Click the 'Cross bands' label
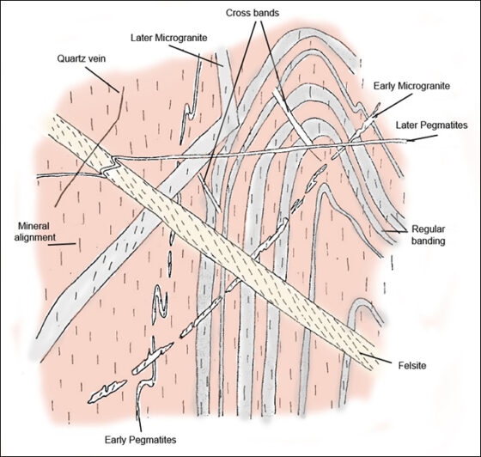coord(253,13)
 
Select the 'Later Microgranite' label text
coord(168,38)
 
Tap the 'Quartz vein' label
coord(82,58)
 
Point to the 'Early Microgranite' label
coord(411,86)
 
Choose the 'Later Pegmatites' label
coord(431,125)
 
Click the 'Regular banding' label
coord(428,235)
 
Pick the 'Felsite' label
coord(412,365)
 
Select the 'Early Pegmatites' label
coord(141,440)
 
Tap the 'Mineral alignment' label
coord(34,232)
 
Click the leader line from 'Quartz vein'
coord(102,79)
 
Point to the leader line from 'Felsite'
coord(376,358)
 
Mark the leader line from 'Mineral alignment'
coord(62,245)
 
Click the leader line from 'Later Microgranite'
coord(197,56)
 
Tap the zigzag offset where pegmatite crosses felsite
coord(111,166)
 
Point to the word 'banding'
coord(428,241)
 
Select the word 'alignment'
coord(35,237)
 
